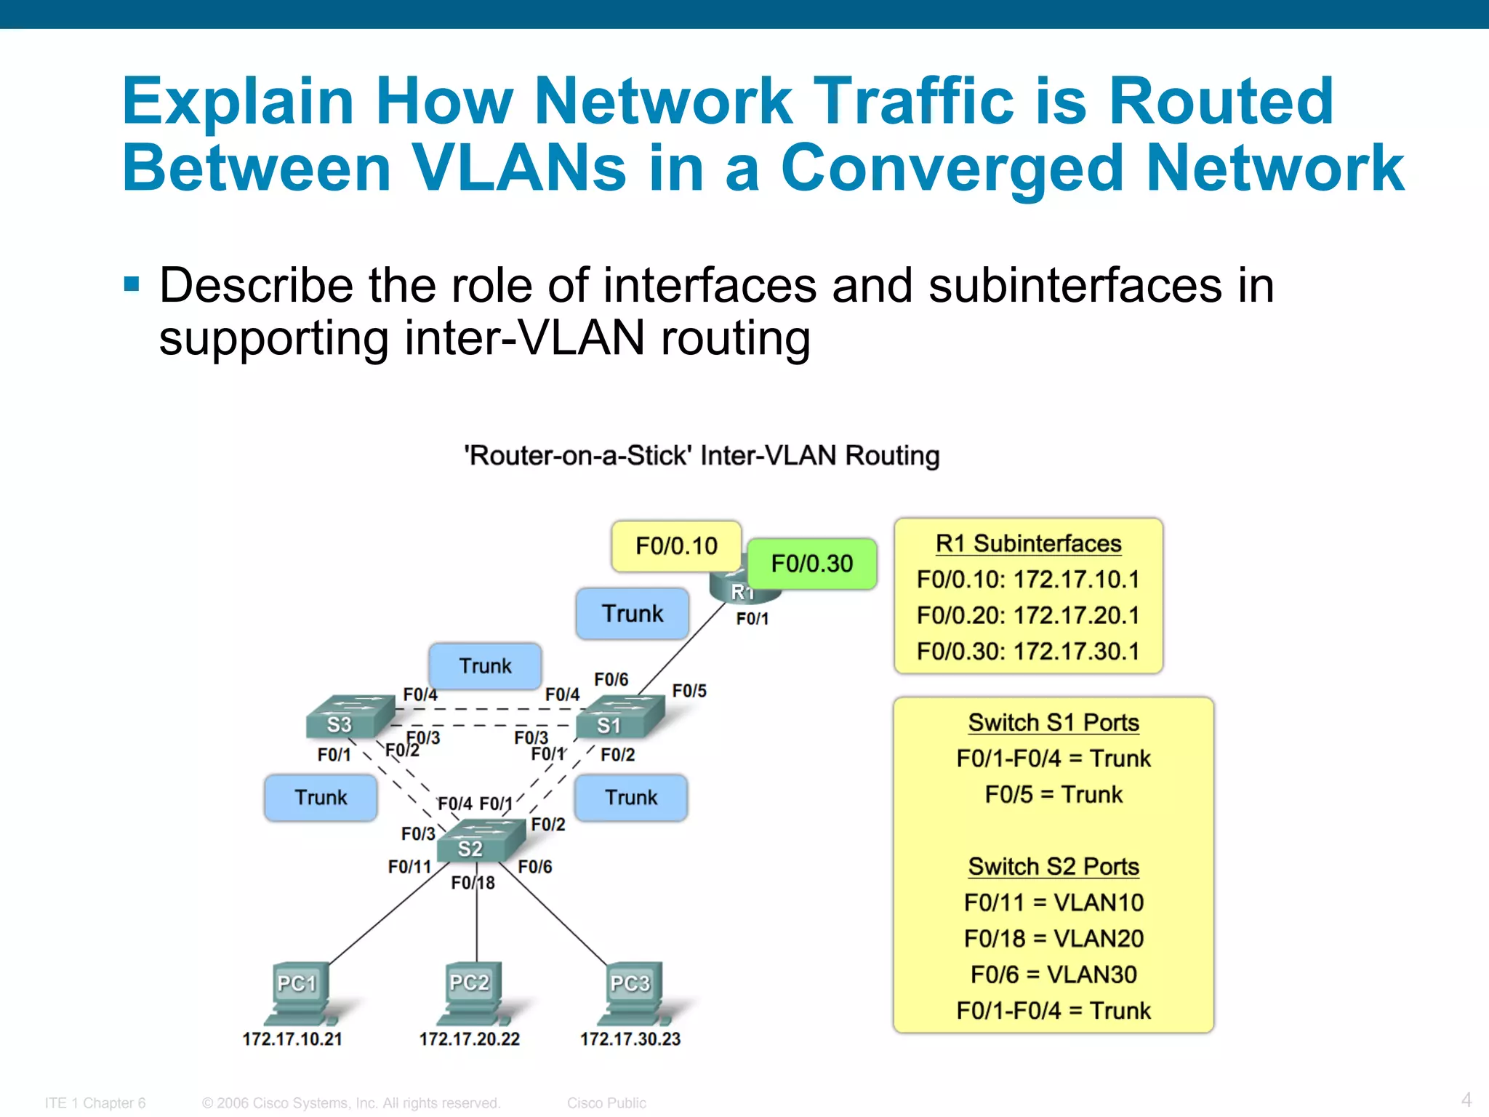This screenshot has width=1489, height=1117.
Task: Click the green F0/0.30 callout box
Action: [x=811, y=564]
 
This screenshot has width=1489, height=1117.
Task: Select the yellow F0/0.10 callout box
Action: [x=676, y=545]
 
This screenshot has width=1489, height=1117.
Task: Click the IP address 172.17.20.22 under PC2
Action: [x=469, y=1039]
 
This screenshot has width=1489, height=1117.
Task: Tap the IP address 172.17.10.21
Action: [x=292, y=1039]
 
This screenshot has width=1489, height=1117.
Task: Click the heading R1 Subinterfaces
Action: [x=1028, y=544]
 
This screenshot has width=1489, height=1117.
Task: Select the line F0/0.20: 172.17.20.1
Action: [x=1028, y=616]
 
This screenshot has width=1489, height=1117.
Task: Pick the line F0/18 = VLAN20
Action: [x=1053, y=939]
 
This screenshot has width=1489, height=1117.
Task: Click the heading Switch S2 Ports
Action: [x=1053, y=867]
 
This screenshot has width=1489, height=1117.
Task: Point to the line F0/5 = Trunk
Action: [x=1053, y=795]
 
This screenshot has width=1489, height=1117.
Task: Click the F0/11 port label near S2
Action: [x=409, y=867]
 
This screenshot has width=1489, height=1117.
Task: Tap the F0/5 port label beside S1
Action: [x=689, y=691]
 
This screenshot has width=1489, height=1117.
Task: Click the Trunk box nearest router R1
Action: [x=632, y=614]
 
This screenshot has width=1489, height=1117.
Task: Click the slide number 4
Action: [x=1466, y=1099]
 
